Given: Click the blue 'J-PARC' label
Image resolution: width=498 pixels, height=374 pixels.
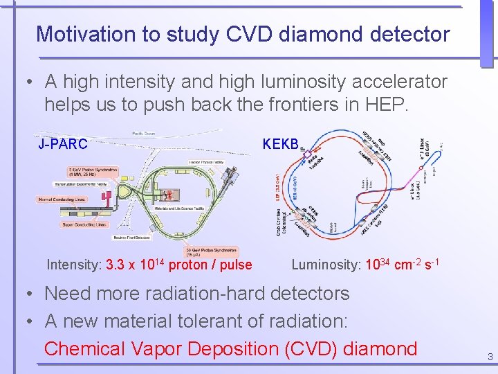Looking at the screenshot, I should pyautogui.click(x=63, y=144).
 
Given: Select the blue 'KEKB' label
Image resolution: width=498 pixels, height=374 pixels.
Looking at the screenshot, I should pyautogui.click(x=280, y=144).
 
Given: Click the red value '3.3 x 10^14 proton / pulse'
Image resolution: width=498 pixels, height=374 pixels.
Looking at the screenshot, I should pyautogui.click(x=179, y=265).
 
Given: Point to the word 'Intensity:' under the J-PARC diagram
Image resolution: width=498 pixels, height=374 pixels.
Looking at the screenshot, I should pyautogui.click(x=74, y=265).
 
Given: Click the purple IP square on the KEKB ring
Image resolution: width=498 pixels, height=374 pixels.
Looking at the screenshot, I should pyautogui.click(x=302, y=148).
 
